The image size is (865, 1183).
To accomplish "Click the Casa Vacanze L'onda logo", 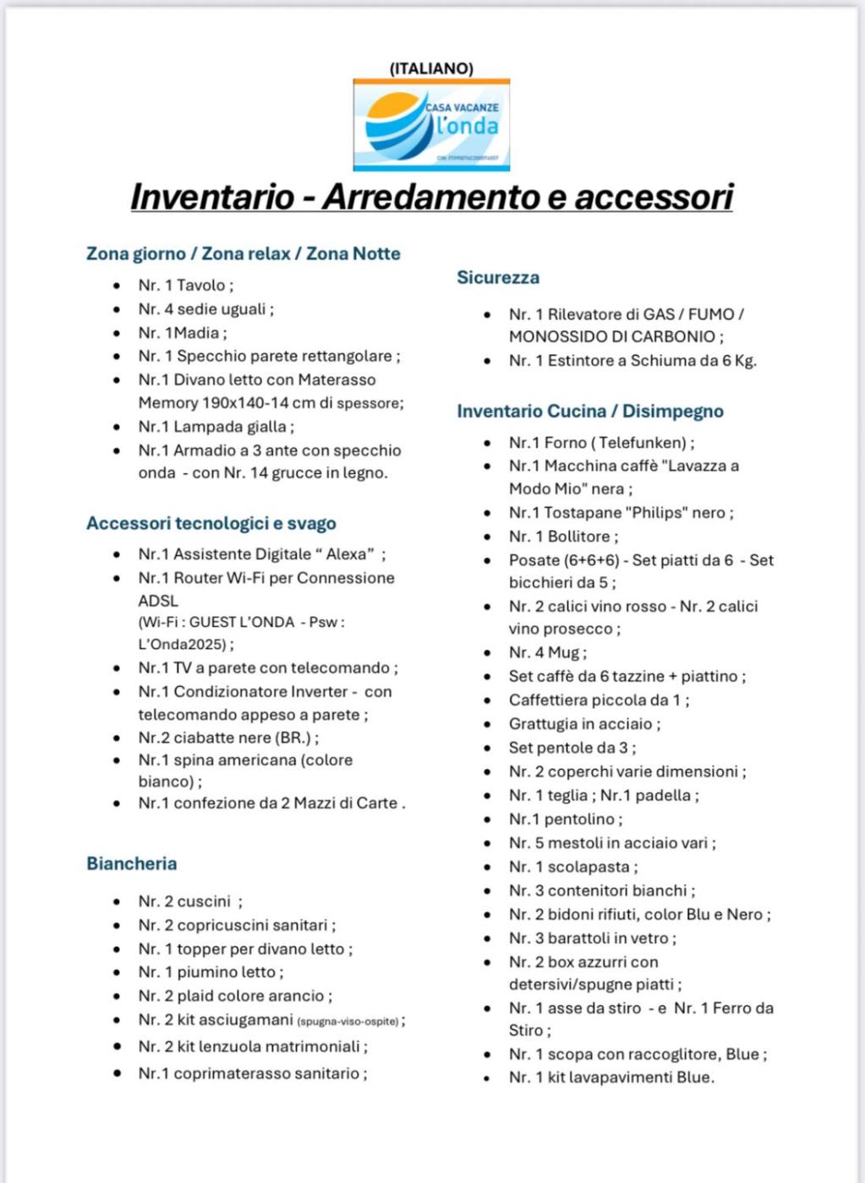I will tap(431, 125).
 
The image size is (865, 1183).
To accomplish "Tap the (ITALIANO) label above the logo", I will tap(431, 68).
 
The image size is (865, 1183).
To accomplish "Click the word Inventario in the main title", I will tap(212, 197).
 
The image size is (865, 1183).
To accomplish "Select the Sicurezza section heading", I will tap(498, 278).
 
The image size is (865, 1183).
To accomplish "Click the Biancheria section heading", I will tap(132, 864).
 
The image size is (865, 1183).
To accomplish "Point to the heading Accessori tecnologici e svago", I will tap(211, 524).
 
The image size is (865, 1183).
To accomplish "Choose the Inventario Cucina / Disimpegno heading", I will tap(590, 412).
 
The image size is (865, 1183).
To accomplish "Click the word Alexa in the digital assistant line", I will tap(346, 554).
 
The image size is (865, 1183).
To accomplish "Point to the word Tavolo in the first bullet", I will tap(201, 286).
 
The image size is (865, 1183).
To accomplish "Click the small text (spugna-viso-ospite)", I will tap(348, 1022).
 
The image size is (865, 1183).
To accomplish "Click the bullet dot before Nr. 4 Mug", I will tap(488, 653).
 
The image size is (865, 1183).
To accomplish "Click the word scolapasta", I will tap(589, 867).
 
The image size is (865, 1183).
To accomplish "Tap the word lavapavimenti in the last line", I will tap(620, 1077).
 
